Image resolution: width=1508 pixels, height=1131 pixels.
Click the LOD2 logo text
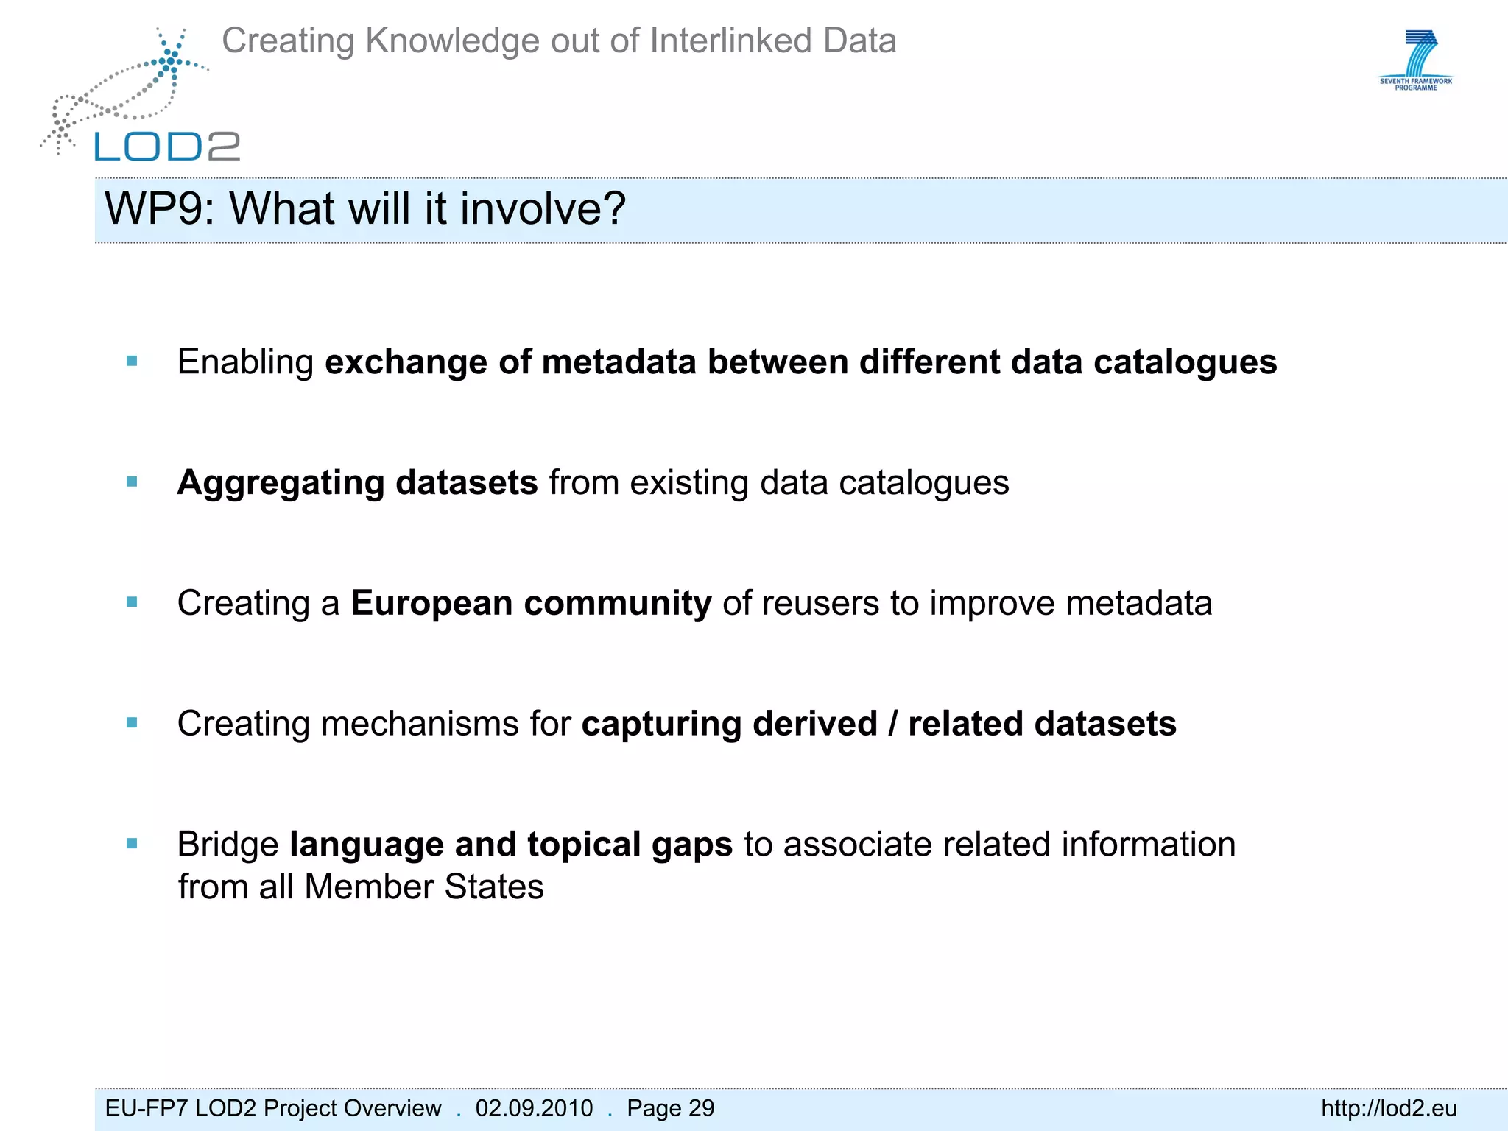tap(167, 147)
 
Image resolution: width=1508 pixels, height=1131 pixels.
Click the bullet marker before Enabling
tap(133, 361)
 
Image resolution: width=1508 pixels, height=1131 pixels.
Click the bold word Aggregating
tap(281, 483)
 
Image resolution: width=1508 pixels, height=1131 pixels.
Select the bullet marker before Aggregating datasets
tap(133, 482)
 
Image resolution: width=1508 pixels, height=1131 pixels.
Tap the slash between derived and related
tap(892, 724)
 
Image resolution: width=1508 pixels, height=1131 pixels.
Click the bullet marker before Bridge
tap(133, 844)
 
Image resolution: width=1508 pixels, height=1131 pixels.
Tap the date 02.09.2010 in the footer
tap(534, 1108)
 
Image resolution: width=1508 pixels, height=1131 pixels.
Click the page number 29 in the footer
tap(702, 1108)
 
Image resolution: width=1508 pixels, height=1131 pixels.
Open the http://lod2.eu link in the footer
tap(1389, 1108)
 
